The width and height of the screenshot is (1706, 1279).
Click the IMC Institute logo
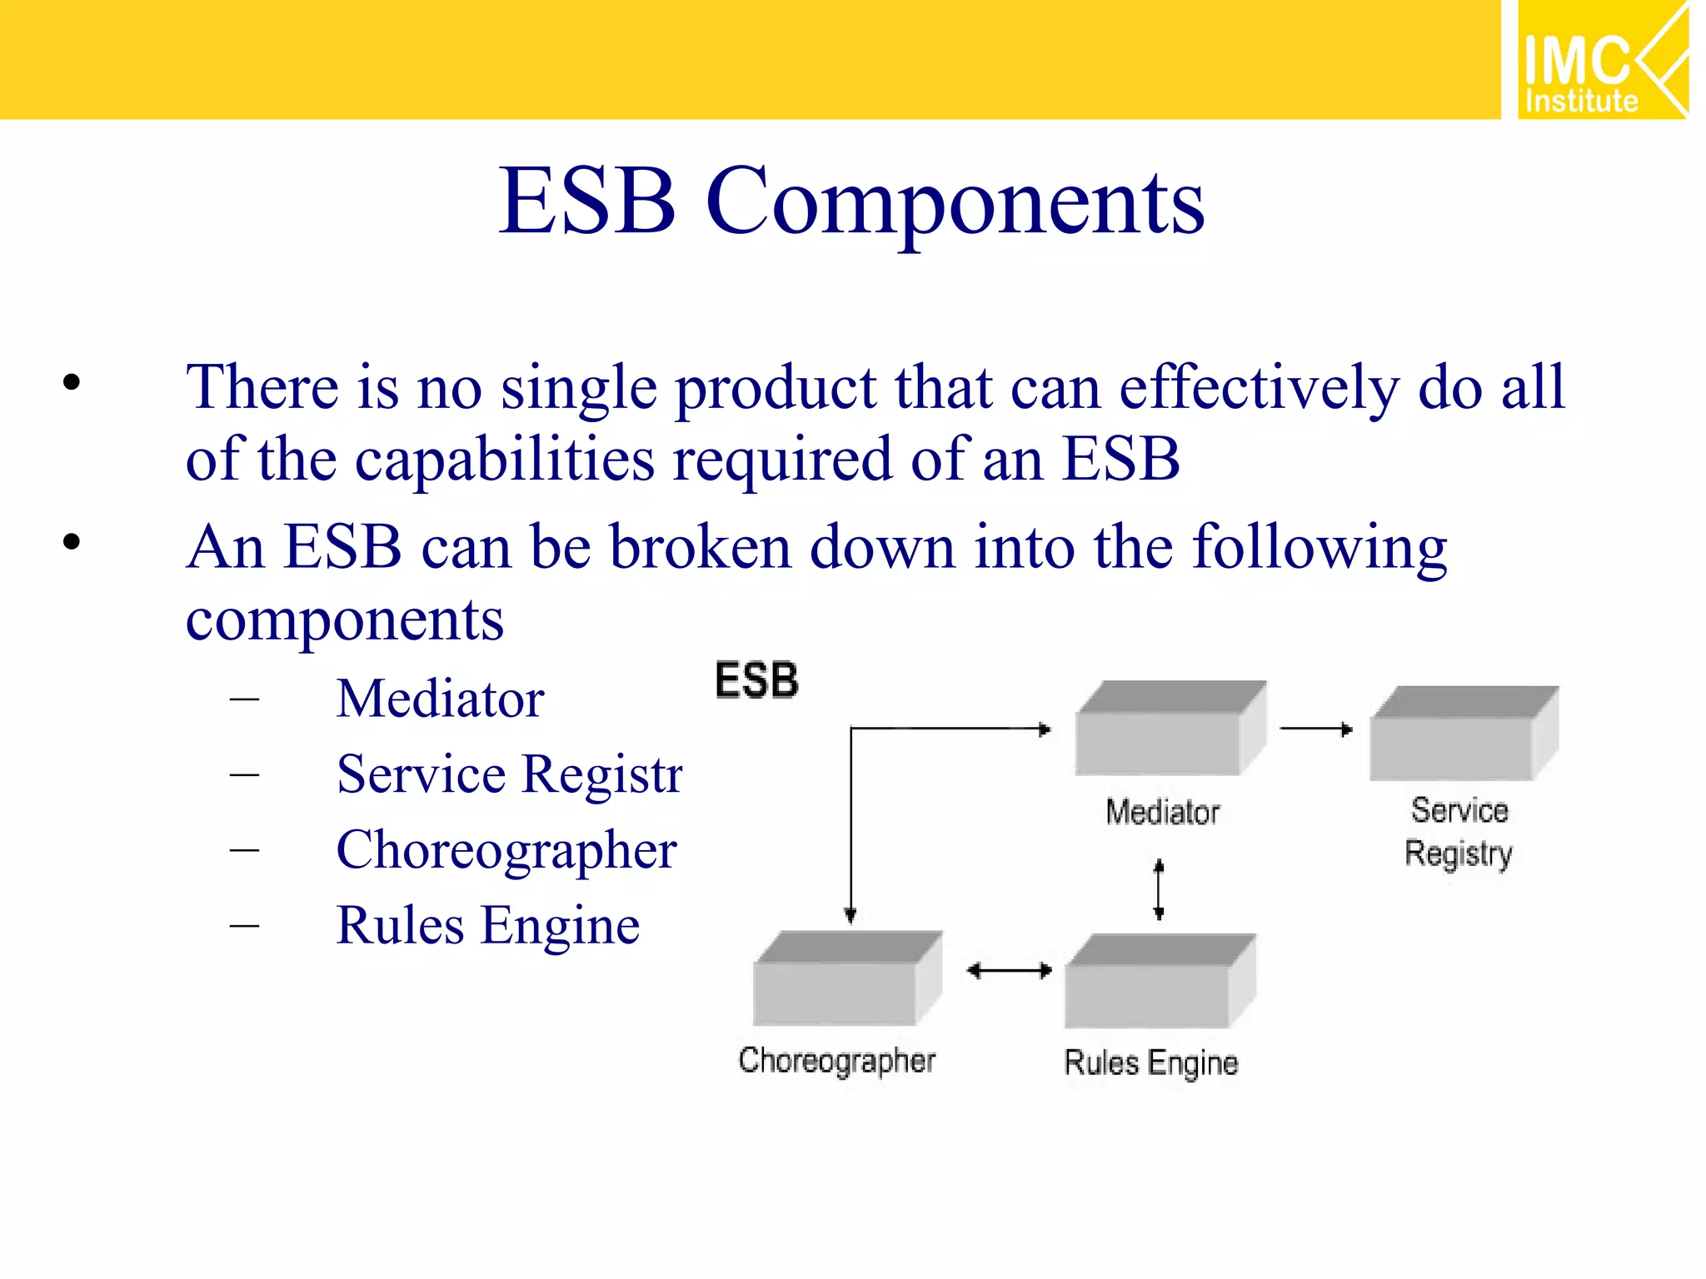1601,60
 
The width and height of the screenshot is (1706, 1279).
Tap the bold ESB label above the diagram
756,680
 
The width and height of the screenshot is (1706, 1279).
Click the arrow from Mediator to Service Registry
1315,729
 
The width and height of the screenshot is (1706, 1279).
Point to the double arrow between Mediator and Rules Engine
1159,890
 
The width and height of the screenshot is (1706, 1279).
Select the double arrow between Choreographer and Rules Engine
1009,971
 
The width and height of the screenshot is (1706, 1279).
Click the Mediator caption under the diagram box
1162,812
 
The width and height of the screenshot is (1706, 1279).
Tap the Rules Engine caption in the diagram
1151,1063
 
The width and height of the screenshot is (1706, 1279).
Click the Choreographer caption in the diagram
836,1061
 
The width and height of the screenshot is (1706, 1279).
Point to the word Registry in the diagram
1458,854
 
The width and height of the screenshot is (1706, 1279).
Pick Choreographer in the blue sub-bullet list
506,851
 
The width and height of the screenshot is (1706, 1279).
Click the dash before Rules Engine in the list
244,925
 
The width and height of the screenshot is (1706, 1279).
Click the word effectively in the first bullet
1259,388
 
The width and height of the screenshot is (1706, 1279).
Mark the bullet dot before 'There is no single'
72,383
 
